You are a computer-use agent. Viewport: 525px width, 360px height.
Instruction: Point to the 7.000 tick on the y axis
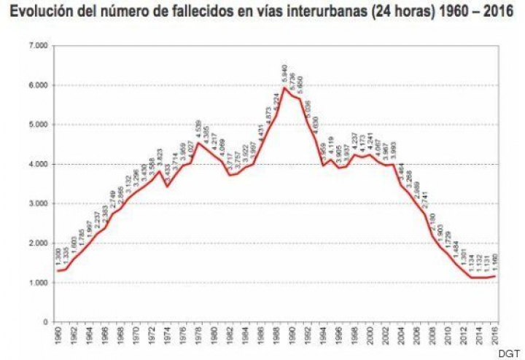[38, 46]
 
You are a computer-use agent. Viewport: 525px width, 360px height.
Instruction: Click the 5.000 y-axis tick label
[38, 125]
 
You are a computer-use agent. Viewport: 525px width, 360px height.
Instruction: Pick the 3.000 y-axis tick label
[38, 203]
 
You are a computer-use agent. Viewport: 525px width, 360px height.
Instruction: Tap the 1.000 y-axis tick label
[38, 282]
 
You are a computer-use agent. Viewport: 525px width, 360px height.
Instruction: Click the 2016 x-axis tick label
[495, 339]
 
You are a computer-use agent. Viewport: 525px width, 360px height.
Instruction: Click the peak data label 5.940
[284, 74]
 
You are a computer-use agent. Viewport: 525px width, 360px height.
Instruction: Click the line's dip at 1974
[168, 187]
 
